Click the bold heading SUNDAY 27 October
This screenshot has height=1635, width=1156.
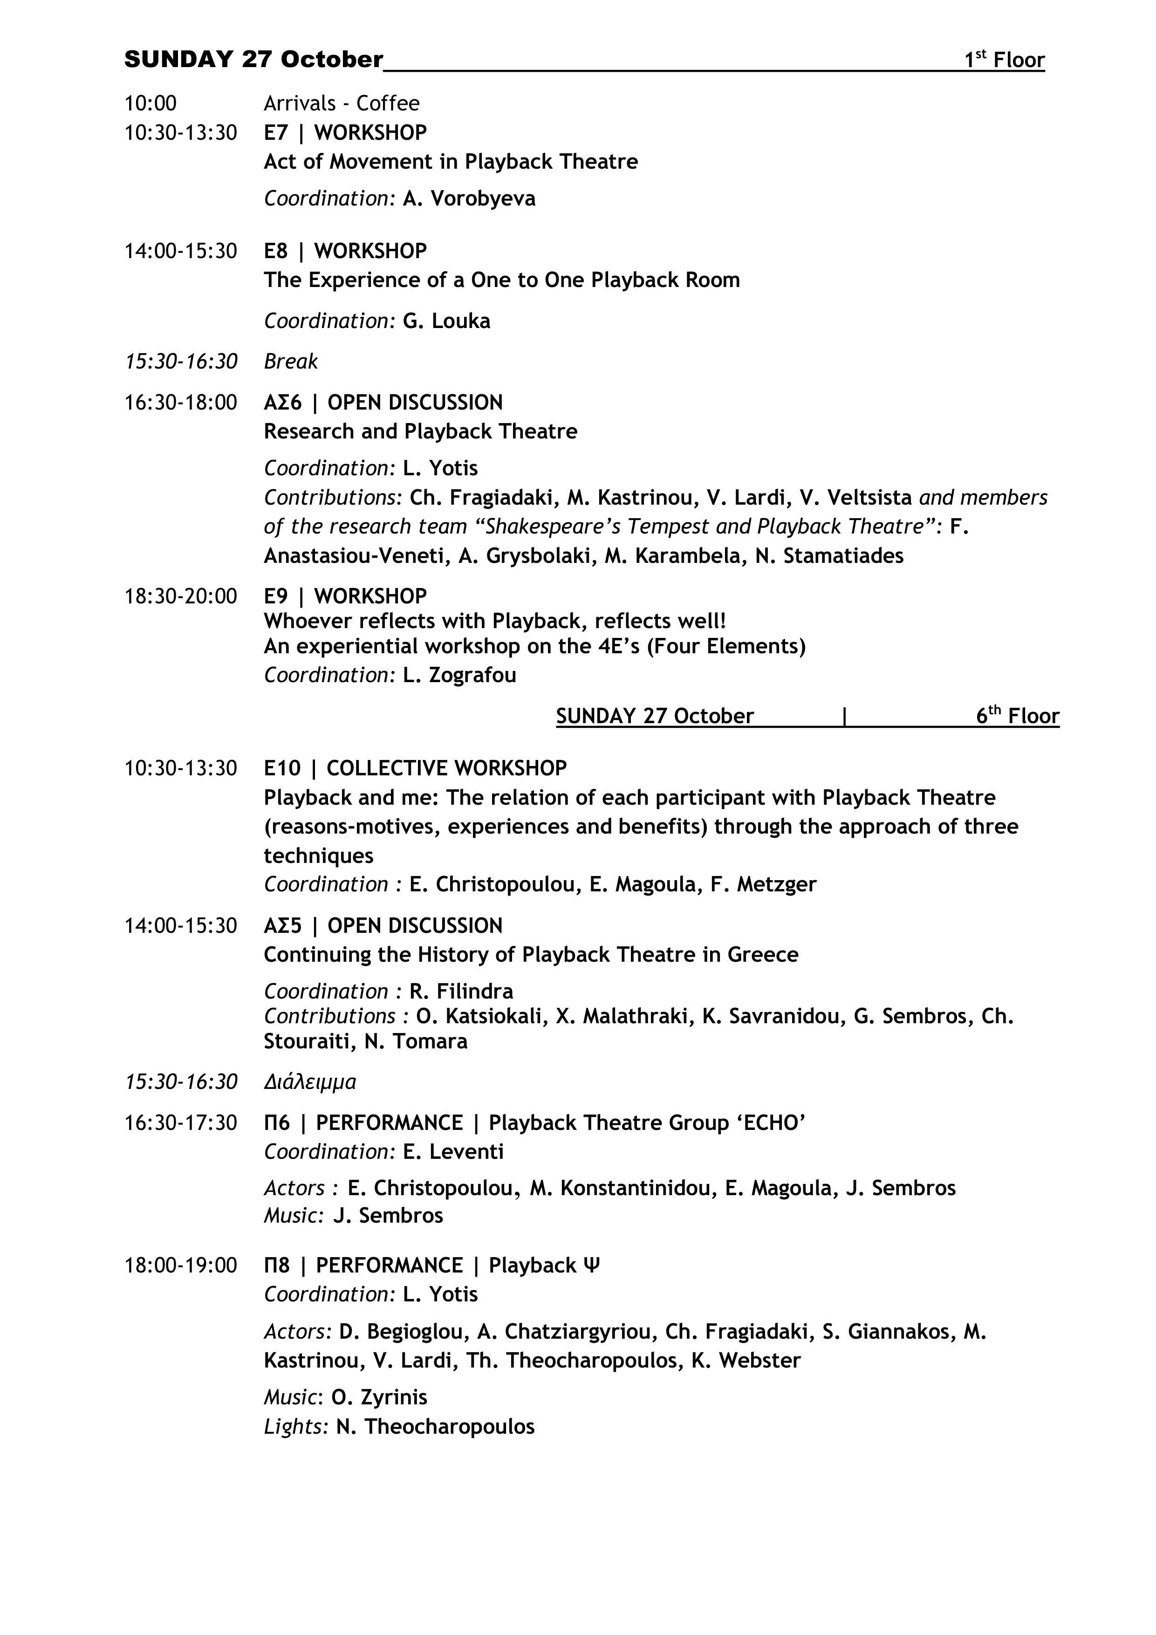pyautogui.click(x=253, y=60)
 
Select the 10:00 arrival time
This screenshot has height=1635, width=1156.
pyautogui.click(x=150, y=104)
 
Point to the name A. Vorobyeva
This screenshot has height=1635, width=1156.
pyautogui.click(x=469, y=198)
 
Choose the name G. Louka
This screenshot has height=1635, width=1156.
pyautogui.click(x=446, y=321)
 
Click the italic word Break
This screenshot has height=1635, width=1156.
pyautogui.click(x=291, y=362)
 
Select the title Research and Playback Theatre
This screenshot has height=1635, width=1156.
pyautogui.click(x=420, y=431)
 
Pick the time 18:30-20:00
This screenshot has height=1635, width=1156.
pyautogui.click(x=181, y=596)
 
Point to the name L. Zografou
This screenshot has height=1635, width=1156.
pyautogui.click(x=459, y=675)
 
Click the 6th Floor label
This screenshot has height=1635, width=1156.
pyautogui.click(x=1017, y=716)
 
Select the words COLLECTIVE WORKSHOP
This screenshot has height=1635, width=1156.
pyautogui.click(x=446, y=769)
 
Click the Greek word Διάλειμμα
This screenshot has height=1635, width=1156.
pyautogui.click(x=310, y=1082)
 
